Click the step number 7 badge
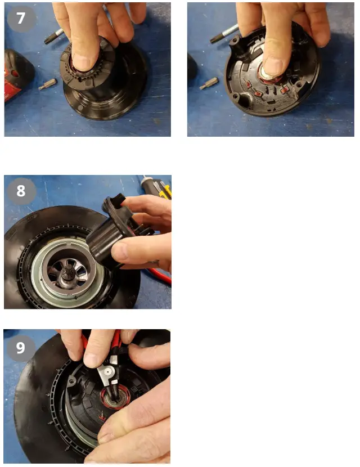[21, 18]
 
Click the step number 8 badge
[21, 191]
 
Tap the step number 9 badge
[20, 348]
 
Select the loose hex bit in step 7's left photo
[48, 84]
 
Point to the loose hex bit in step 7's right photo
[209, 83]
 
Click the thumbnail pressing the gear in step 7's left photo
[81, 62]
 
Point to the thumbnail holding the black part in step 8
[119, 251]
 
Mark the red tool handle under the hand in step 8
[160, 276]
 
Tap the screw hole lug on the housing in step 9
[71, 380]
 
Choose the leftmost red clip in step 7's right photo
[248, 85]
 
